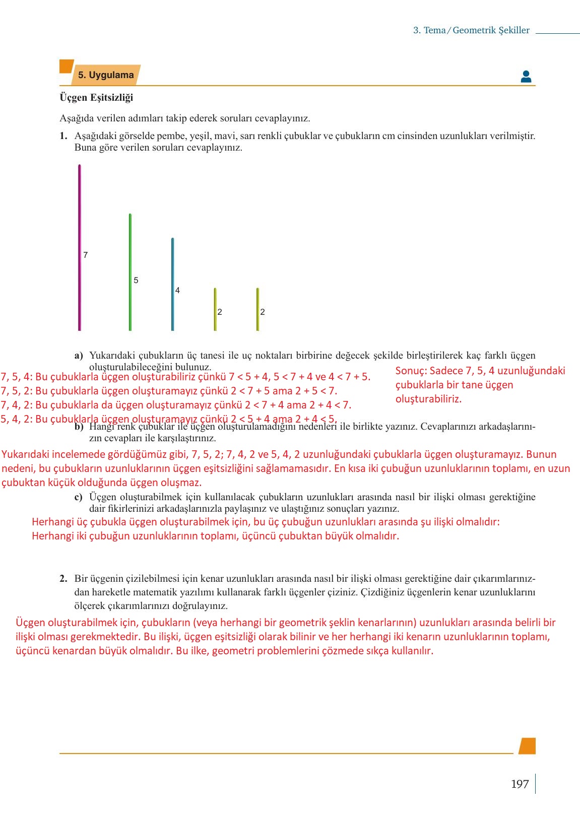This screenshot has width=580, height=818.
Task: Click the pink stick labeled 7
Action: pos(80,247)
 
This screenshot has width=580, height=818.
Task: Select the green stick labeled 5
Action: pos(130,272)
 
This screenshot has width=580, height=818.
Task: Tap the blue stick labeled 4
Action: pos(172,284)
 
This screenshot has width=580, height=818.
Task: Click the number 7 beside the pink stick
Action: pos(86,255)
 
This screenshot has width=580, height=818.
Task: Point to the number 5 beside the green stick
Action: pos(136,280)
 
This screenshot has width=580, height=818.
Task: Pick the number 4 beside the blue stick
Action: pos(177,290)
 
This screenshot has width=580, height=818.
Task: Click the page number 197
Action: pos(520,784)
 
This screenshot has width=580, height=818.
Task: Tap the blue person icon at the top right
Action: pos(526,77)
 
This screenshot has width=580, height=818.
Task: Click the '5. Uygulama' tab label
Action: pos(106,75)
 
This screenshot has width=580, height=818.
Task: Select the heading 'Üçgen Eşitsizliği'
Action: pos(96,97)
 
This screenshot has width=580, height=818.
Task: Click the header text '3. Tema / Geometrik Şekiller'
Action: pos(471,30)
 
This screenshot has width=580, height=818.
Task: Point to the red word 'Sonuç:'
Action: pos(411,371)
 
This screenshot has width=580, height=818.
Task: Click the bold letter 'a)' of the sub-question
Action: pos(79,356)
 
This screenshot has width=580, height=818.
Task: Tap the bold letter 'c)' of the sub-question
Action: pos(79,497)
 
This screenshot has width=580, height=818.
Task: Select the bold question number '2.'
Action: pos(63,578)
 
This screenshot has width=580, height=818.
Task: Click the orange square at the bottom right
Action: pos(527,745)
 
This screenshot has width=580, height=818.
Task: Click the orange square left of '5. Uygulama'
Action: pos(66,66)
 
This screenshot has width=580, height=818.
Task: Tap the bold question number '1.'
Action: pos(63,136)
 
